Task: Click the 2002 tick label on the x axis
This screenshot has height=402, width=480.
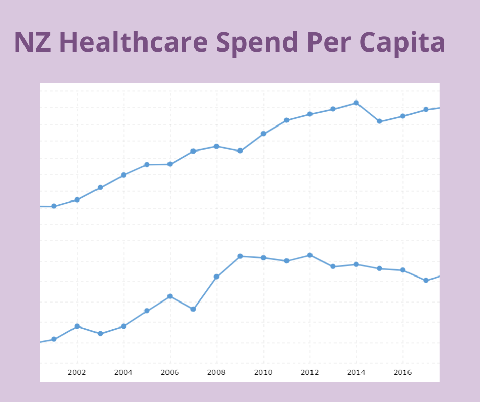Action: point(77,372)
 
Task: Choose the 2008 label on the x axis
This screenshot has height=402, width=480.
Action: point(217,372)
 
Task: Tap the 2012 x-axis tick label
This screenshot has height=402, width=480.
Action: point(309,372)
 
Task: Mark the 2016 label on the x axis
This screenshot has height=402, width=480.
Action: point(403,372)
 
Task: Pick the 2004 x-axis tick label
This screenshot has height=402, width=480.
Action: point(123,372)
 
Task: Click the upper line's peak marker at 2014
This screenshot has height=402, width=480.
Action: point(356,103)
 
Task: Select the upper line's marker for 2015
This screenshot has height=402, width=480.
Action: point(379,121)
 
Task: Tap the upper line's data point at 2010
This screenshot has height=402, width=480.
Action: point(263,134)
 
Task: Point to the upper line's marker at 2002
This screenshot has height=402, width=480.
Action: point(77,199)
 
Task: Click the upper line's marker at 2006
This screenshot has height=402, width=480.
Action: point(170,164)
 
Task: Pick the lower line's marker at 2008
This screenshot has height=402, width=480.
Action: point(217,277)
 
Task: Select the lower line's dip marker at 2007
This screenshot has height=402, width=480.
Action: point(193,309)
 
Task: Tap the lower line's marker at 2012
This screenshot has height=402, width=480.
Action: point(310,255)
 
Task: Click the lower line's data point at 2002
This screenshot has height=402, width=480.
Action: point(77,326)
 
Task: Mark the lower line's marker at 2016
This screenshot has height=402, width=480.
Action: point(403,270)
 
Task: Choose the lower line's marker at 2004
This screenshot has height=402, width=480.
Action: point(124,326)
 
